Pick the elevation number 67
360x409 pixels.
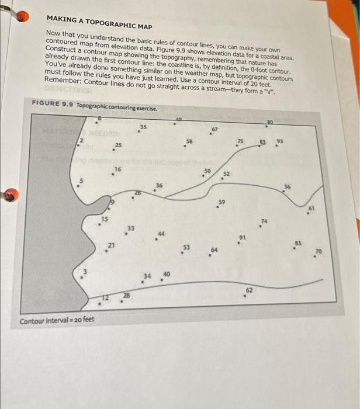214,129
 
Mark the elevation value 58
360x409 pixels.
189,140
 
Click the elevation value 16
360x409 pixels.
117,169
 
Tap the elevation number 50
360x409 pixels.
206,170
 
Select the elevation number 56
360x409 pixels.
287,186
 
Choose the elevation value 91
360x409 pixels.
241,237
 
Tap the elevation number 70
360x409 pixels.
318,251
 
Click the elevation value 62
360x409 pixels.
249,289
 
